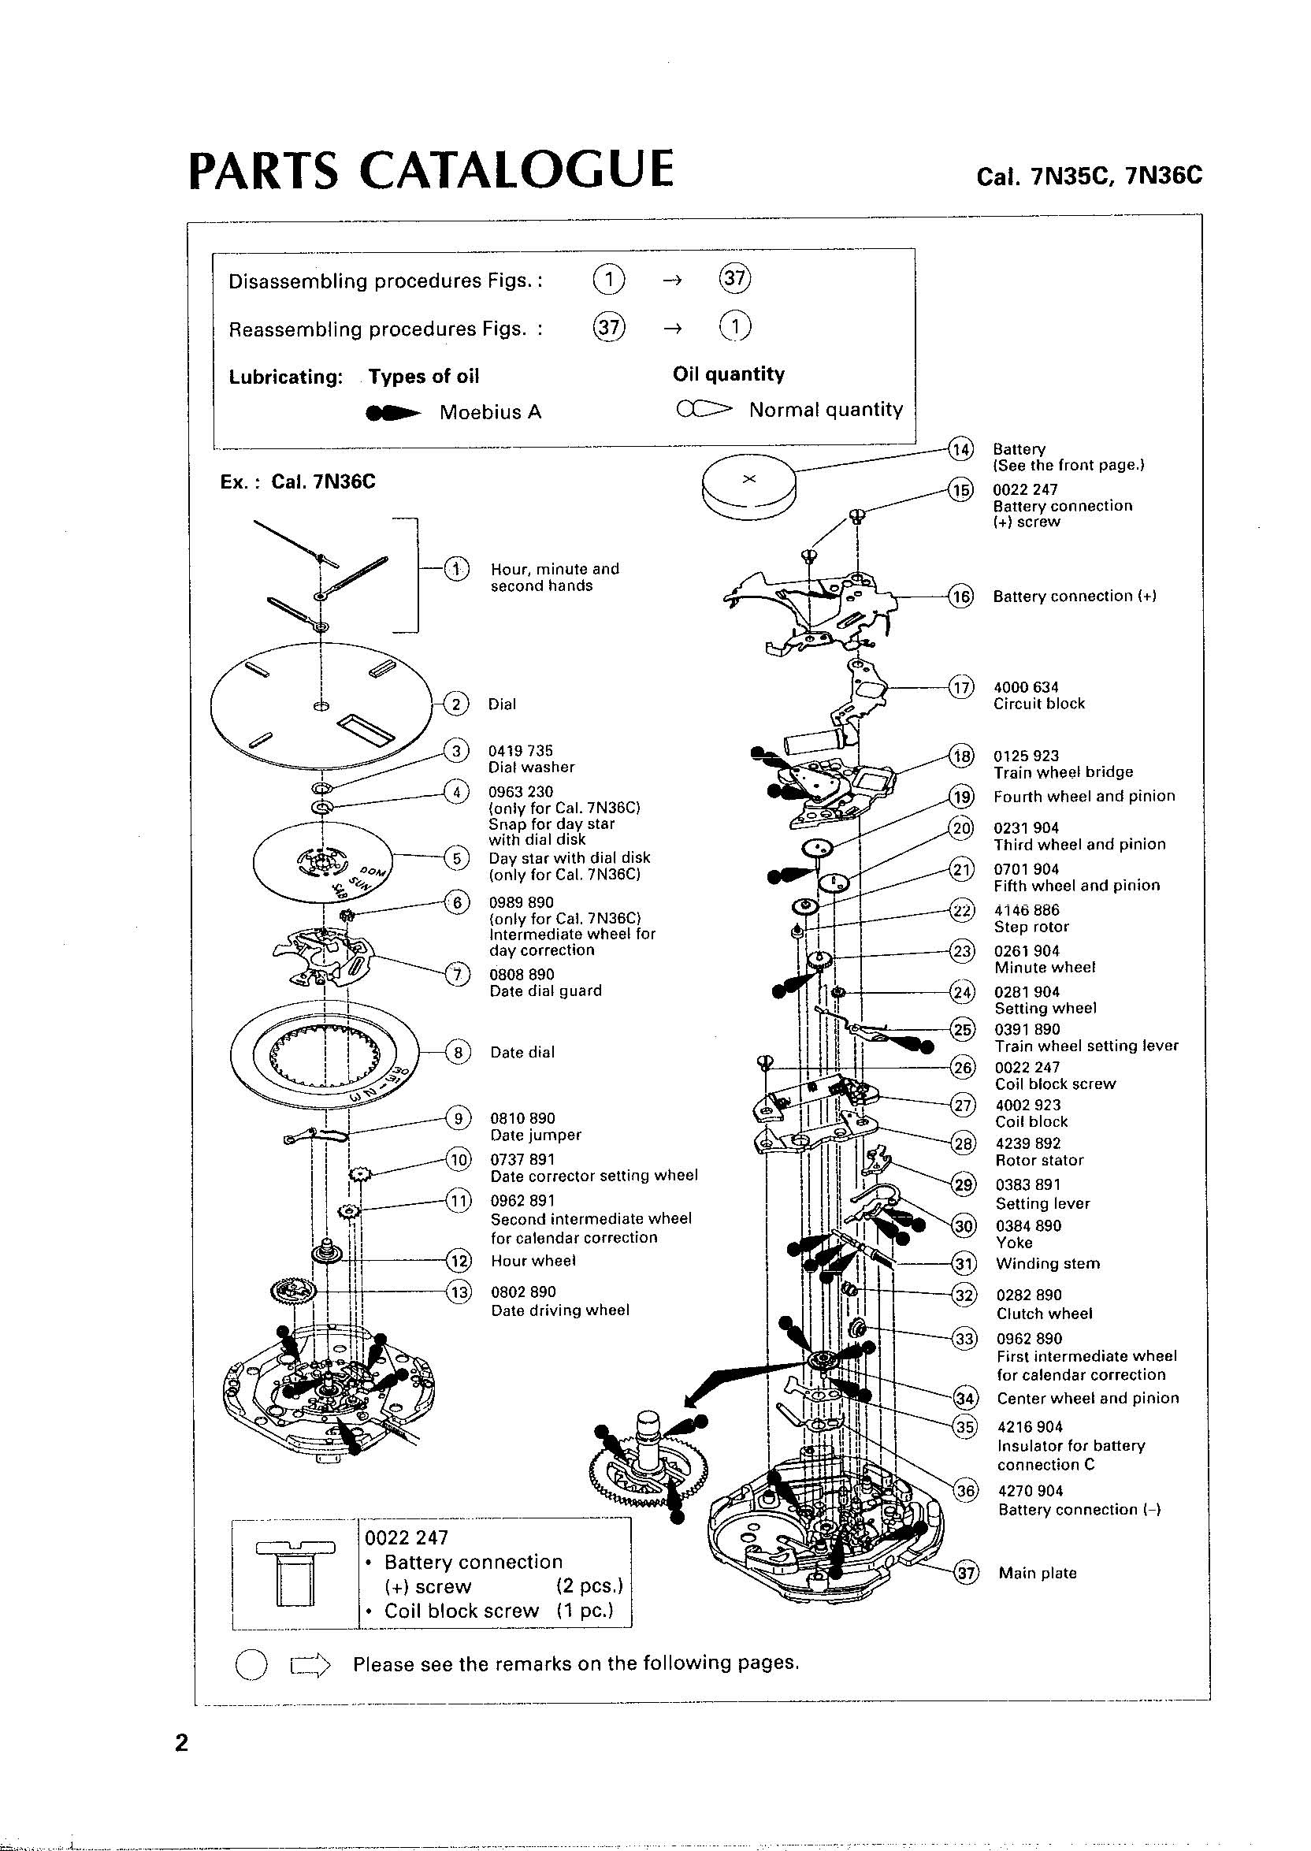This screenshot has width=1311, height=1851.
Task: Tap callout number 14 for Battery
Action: point(960,450)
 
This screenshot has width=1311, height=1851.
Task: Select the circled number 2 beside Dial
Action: point(456,704)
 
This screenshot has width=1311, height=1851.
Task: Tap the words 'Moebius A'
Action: point(490,412)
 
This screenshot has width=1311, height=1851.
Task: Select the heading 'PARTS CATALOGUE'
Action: point(430,169)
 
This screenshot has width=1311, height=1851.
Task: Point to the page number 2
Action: point(182,1743)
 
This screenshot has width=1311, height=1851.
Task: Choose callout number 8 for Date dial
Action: point(458,1052)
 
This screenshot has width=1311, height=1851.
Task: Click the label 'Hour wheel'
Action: point(533,1260)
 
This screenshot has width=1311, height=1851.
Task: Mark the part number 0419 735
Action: point(520,751)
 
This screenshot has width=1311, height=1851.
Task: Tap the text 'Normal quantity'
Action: point(825,410)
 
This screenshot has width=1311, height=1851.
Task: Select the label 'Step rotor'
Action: point(1031,927)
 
